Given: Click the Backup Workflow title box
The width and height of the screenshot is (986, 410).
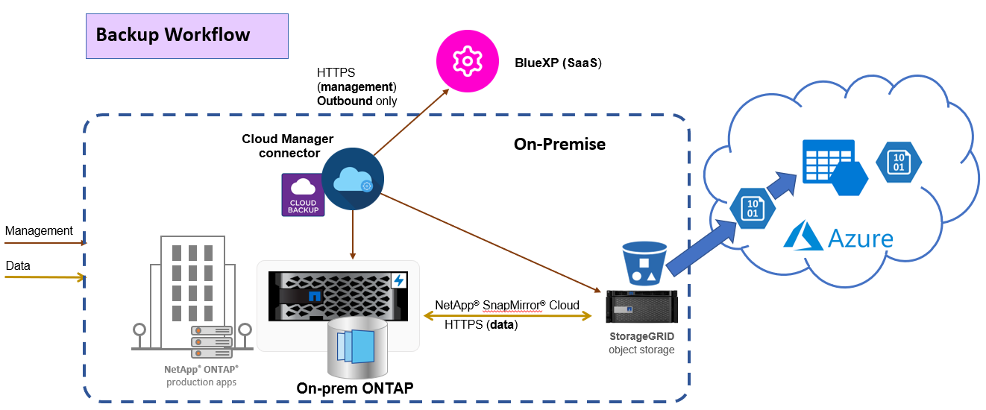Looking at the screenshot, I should pyautogui.click(x=186, y=36).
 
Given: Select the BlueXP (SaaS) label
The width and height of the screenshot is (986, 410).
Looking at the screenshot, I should pyautogui.click(x=558, y=63).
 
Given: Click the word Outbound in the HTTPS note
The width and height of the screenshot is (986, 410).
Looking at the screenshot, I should pyautogui.click(x=345, y=101).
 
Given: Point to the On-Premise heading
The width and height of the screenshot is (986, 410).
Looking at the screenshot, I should pyautogui.click(x=559, y=144).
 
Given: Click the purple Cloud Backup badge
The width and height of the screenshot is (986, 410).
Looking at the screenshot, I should pyautogui.click(x=303, y=195).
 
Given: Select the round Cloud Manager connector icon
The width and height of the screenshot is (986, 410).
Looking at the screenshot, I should pyautogui.click(x=353, y=179).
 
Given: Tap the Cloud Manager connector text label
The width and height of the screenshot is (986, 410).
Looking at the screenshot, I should pyautogui.click(x=288, y=146).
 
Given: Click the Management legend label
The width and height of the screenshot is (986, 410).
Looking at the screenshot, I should pyautogui.click(x=39, y=231).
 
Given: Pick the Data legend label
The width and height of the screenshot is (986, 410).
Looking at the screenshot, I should pyautogui.click(x=18, y=265).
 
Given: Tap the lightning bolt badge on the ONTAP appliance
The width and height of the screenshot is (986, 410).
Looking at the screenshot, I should pyautogui.click(x=399, y=280).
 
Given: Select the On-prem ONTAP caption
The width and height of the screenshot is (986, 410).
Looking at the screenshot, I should pyautogui.click(x=355, y=388).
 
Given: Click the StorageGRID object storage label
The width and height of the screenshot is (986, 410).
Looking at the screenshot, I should pyautogui.click(x=641, y=343).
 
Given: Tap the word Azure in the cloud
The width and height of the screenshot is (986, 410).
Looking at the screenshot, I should pyautogui.click(x=860, y=239).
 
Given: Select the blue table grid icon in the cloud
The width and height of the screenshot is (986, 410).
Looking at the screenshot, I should pyautogui.click(x=823, y=160).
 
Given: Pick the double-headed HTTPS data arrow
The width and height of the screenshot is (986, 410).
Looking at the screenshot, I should pyautogui.click(x=507, y=316).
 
